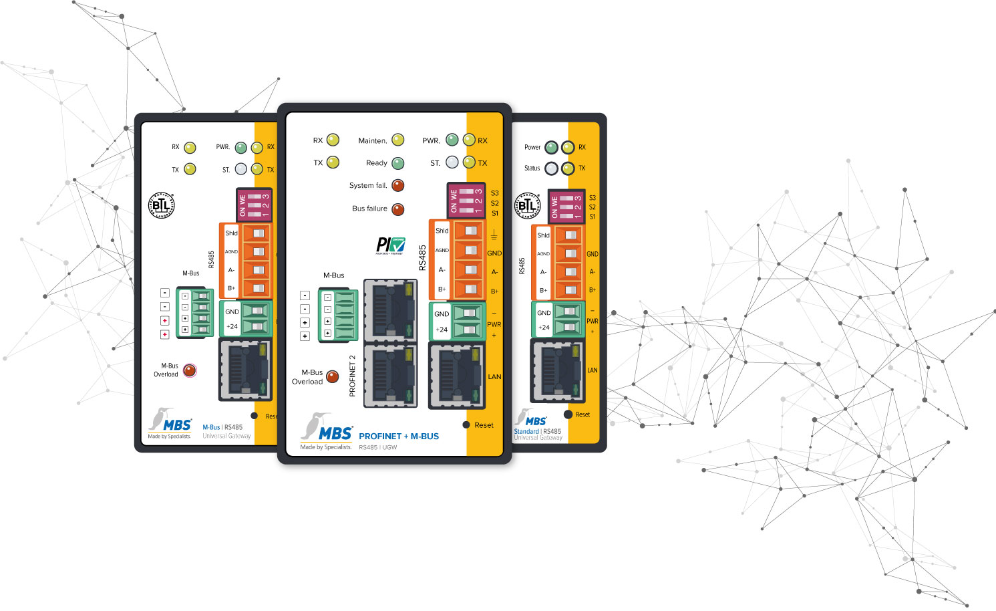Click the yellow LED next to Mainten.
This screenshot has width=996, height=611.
pos(398,140)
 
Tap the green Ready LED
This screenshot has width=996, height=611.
pos(398,163)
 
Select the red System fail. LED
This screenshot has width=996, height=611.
pos(398,185)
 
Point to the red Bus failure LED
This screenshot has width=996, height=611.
pos(398,209)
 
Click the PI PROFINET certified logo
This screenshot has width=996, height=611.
pos(391,245)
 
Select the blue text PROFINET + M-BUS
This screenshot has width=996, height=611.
pos(399,436)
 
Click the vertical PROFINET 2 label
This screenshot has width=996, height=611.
pos(352,376)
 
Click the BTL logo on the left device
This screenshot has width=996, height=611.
pos(161,205)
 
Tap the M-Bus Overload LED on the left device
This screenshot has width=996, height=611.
pos(190,370)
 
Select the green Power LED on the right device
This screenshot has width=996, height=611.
pos(551,147)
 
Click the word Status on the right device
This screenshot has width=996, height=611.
pos(532,168)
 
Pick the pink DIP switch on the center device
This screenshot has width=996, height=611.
pos(466,201)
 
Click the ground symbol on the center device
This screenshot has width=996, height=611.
pos(494,235)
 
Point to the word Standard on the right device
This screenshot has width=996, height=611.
pos(526,431)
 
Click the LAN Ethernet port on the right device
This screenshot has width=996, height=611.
pos(558,370)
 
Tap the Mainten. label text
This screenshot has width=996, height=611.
pos(372,140)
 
